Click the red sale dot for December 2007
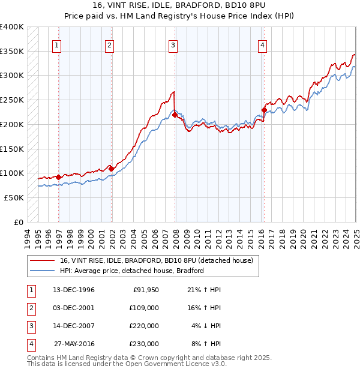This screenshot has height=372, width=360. pos(175,115)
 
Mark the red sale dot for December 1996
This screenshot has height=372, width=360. pos(58,177)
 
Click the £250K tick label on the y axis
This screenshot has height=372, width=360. pos(12,100)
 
